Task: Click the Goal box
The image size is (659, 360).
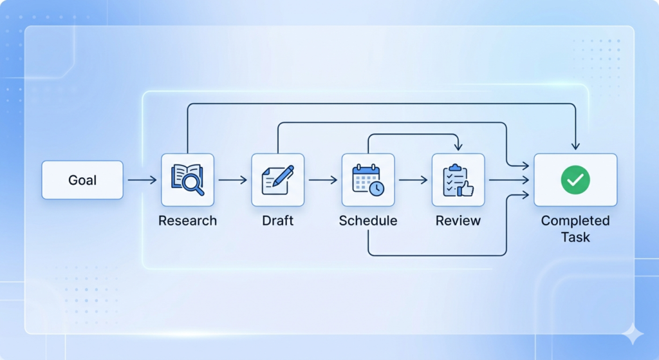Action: click(82, 180)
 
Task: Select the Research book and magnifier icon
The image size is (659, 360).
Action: click(187, 180)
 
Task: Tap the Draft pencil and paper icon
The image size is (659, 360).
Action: click(278, 180)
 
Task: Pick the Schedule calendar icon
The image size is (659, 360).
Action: click(368, 180)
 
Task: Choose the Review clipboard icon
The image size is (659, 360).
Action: click(458, 180)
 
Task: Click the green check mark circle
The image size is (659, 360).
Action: click(575, 180)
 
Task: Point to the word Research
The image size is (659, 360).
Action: click(187, 221)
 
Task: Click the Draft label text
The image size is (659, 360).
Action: click(278, 221)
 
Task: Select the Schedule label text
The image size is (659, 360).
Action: click(368, 221)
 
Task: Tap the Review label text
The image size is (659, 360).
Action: click(458, 221)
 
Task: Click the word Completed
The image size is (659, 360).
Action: click(575, 221)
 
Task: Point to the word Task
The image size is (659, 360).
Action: click(575, 237)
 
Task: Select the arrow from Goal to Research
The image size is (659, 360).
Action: click(142, 180)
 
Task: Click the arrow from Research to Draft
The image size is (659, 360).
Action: click(232, 180)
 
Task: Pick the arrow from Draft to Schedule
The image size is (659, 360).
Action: click(323, 180)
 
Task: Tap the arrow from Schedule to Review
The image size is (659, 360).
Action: click(413, 180)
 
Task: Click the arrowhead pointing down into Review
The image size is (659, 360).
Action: click(458, 147)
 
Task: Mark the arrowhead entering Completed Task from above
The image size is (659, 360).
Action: click(575, 146)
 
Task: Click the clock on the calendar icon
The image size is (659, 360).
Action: click(377, 189)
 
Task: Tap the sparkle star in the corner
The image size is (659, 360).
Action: click(633, 334)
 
